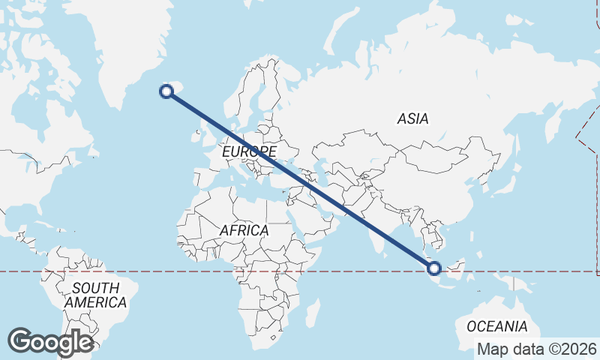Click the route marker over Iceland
coord(166,91)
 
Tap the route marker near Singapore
coord(433,268)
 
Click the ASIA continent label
coord(412,118)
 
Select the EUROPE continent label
coord(249,152)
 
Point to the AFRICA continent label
coord(244,230)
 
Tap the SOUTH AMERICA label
coord(95,295)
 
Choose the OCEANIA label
coord(496,326)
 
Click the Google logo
coord(50,342)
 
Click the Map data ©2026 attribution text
coord(537,349)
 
